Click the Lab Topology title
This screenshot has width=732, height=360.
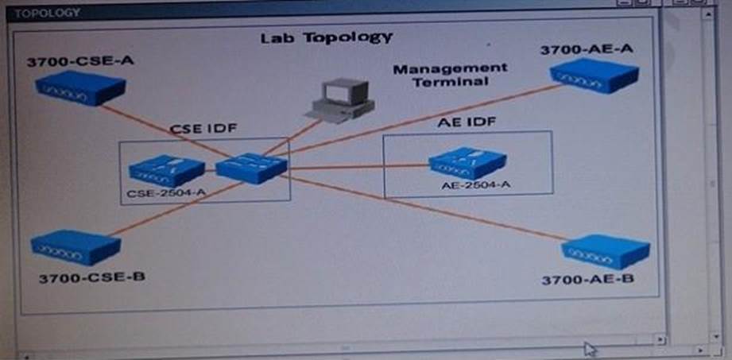[x=327, y=37]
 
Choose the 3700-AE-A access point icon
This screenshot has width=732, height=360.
[x=594, y=75]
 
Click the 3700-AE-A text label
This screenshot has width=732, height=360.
[x=587, y=49]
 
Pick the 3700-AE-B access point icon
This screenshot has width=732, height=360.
[x=606, y=251]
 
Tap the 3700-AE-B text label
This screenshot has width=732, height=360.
[x=588, y=280]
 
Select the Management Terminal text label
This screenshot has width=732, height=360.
[x=450, y=75]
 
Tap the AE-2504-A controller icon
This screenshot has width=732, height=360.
[x=467, y=163]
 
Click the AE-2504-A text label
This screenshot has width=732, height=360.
[x=475, y=184]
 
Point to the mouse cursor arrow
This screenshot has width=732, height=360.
[x=589, y=348]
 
